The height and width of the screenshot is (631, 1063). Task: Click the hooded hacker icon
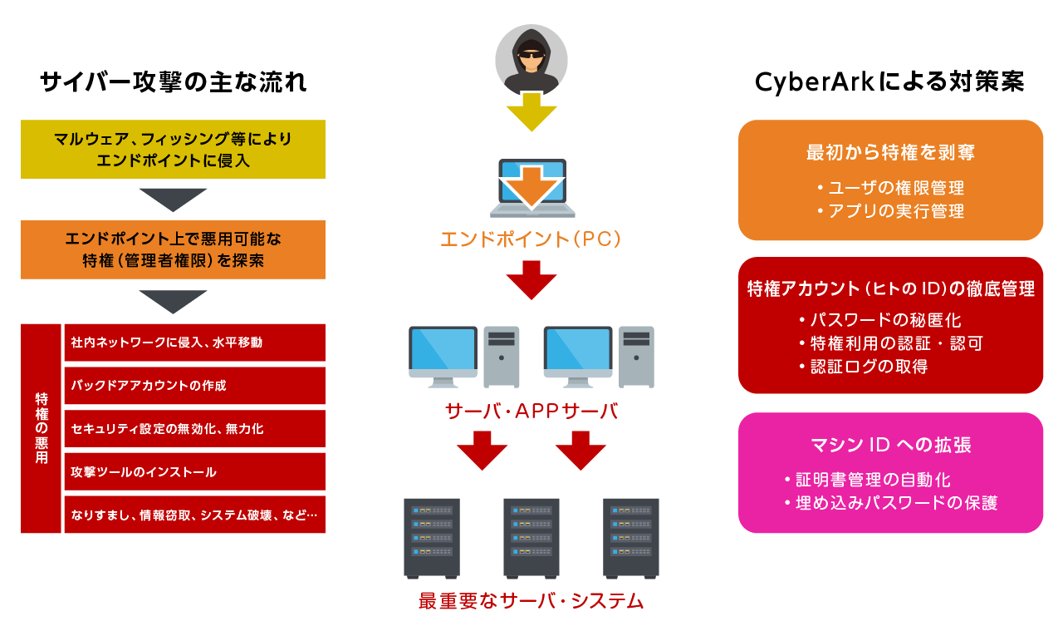531,60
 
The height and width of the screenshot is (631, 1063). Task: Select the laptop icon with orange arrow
531,187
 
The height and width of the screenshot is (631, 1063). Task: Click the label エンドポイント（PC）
531,240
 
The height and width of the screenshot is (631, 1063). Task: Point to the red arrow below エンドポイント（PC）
531,280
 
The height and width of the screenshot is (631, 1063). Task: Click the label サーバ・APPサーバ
531,411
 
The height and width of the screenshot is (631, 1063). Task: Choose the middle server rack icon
531,537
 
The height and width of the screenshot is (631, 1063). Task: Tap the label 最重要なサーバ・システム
531,601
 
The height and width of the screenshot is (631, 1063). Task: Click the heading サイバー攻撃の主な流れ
173,82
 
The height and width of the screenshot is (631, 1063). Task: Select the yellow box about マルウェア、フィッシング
173,149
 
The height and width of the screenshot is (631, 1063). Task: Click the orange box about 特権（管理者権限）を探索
173,249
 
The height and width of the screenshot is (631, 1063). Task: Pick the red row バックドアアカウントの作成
194,386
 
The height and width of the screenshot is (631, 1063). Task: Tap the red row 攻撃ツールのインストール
194,472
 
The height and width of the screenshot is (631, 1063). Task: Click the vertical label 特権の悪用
42,428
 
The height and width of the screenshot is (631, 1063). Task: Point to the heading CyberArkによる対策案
889,82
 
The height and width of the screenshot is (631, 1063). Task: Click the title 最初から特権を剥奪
889,153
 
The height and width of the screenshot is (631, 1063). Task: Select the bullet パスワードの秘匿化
889,320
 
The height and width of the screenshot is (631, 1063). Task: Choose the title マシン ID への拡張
889,445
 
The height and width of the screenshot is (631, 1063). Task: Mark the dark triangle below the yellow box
173,200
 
